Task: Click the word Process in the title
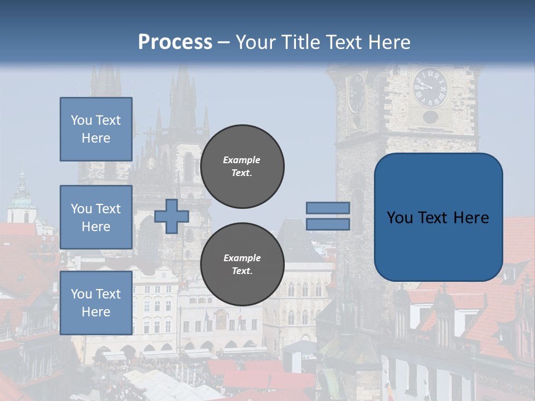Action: (x=175, y=42)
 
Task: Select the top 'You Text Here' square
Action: (x=96, y=129)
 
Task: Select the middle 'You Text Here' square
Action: (x=96, y=217)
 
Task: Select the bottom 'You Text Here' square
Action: (x=96, y=302)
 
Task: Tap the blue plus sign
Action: (x=172, y=216)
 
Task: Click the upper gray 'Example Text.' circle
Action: (x=242, y=167)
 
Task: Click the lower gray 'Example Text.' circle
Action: (x=242, y=265)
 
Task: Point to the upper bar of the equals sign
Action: (x=328, y=208)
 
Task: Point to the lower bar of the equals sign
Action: (x=328, y=224)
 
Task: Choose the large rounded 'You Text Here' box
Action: (x=438, y=217)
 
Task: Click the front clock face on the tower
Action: (x=430, y=87)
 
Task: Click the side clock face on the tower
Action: (x=356, y=93)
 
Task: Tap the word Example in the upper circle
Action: (x=242, y=160)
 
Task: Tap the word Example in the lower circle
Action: (x=242, y=258)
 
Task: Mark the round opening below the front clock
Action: (x=430, y=117)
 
